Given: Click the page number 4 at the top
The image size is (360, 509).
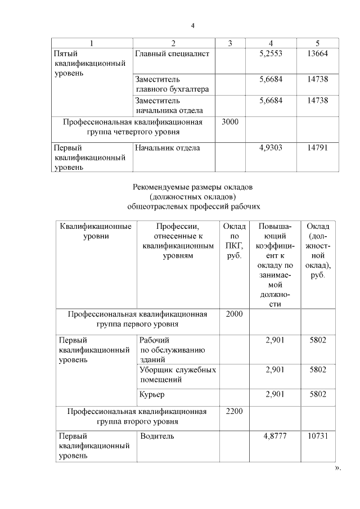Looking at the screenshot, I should [192, 25].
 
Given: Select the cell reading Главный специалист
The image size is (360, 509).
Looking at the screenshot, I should [172, 53].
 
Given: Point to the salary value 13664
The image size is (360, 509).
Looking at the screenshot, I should [317, 53].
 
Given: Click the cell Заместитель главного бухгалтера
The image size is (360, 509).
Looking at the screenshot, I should [172, 84].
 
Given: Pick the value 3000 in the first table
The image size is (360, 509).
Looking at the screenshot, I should [231, 121].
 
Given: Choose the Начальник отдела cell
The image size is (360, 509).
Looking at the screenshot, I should [168, 148].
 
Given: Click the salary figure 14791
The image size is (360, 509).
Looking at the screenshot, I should [317, 148].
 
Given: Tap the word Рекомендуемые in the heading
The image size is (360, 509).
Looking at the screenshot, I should [160, 187].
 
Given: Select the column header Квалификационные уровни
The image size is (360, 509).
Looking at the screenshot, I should [96, 231].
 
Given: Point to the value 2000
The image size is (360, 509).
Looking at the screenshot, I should [234, 314].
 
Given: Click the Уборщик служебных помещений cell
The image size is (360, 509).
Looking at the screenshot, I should [177, 375].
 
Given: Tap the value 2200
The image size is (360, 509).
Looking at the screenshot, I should [234, 412].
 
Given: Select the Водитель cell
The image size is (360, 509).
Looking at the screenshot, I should [157, 436].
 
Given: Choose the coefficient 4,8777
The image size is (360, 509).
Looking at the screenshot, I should [274, 436].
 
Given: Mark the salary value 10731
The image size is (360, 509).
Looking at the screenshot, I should [318, 436].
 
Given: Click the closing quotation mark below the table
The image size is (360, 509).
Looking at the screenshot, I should [338, 468].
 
